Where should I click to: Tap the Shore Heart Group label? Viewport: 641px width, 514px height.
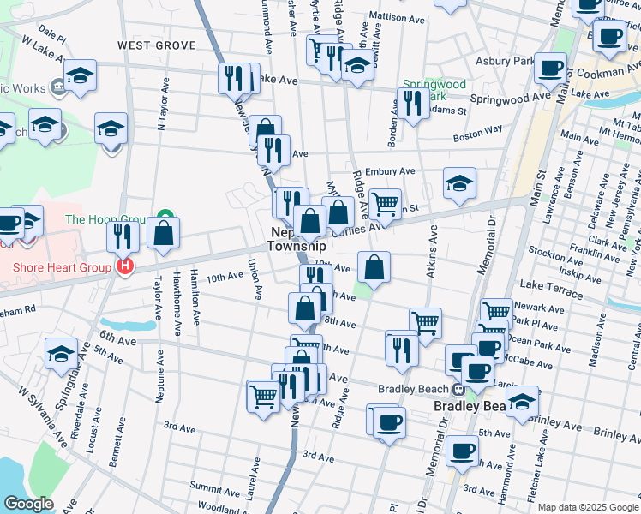pos(62,267)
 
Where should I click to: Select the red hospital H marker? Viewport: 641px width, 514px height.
pos(125,267)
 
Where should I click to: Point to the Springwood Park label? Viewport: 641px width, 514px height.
pos(433,90)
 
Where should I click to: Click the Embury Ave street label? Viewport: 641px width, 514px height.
pos(389,171)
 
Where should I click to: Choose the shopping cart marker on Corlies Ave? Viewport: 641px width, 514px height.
pos(385,204)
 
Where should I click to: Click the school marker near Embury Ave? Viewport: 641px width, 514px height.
pos(459,182)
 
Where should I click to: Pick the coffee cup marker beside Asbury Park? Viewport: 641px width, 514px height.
pos(550,68)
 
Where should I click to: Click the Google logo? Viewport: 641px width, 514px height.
pos(28,504)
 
